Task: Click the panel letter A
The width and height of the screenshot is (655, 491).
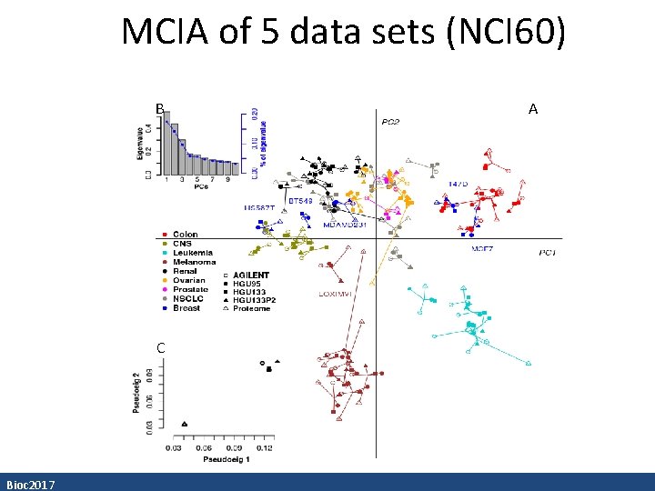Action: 533,109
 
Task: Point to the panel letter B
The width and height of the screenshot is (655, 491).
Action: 159,109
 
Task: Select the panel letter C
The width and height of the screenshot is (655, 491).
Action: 160,347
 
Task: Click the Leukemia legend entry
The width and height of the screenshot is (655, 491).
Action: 192,253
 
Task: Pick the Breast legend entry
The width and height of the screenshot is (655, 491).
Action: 186,308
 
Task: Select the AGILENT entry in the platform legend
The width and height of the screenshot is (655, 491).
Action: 251,275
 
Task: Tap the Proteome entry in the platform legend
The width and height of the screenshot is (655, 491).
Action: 251,308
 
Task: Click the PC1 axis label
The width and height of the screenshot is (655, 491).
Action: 548,252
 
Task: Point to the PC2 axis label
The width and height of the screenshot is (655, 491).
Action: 390,122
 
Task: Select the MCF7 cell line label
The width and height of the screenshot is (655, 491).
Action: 483,248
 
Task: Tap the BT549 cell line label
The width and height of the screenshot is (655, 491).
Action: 300,200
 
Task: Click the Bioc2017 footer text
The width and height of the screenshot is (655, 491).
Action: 30,484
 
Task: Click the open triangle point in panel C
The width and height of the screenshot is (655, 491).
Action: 185,424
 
